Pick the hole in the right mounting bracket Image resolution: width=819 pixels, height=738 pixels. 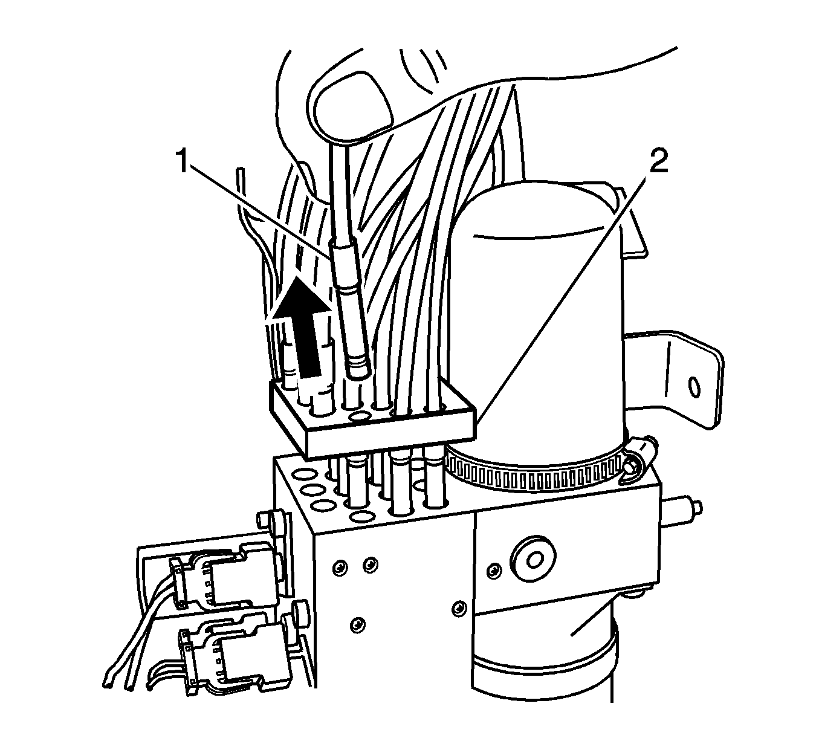(694, 386)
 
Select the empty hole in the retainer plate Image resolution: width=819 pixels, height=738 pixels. (361, 416)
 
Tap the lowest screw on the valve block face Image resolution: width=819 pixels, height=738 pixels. (359, 622)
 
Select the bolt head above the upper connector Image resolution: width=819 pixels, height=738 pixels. (265, 519)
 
